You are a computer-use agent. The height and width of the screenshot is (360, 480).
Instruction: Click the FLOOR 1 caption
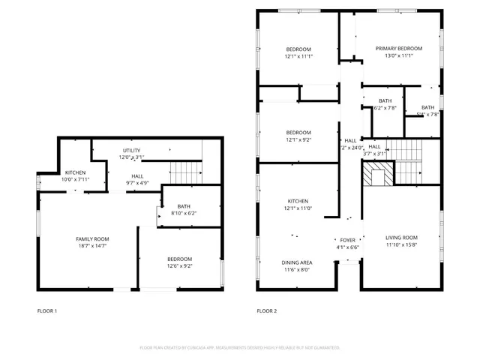coord(47,310)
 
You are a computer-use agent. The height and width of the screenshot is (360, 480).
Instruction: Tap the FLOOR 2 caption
coord(266,310)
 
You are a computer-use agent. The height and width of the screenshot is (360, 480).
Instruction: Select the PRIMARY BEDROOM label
coord(399,49)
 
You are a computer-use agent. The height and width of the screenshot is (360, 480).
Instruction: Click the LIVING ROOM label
coord(402,238)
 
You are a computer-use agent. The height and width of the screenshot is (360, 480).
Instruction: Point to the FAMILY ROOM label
coord(92,239)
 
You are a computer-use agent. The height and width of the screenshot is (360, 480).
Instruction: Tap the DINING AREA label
coord(297,262)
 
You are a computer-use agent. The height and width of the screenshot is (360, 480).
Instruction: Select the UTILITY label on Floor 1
coord(131,151)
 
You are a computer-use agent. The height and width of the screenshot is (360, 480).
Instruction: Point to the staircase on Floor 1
coord(185,172)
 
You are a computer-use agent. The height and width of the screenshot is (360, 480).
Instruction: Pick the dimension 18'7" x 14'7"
coord(92,247)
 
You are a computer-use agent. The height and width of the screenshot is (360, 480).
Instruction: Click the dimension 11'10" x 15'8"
coord(402,245)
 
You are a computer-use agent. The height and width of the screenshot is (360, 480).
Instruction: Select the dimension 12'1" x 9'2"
coord(298,140)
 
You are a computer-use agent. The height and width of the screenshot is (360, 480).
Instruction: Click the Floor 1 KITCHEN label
coord(75,172)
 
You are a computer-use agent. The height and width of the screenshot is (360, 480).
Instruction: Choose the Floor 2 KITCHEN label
coord(298,201)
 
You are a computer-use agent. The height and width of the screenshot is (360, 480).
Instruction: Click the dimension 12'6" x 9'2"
coord(180,266)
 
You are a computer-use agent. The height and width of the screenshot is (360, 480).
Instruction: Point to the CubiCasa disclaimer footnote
coord(240,348)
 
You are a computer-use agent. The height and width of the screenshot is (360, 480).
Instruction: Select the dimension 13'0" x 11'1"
coord(399,56)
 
